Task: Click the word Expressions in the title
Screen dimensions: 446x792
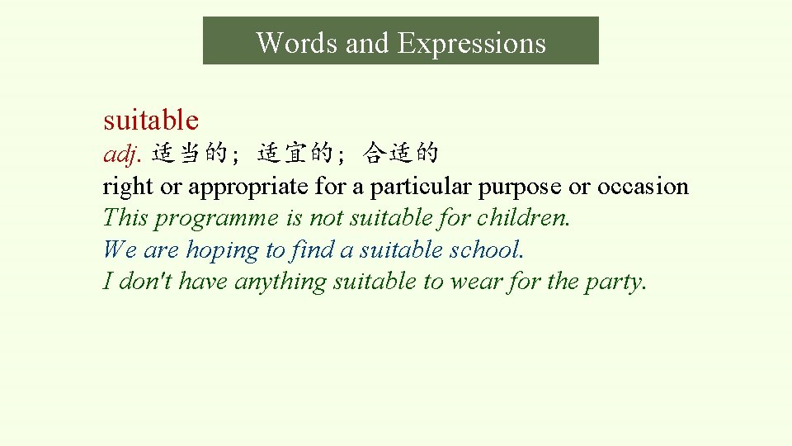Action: pyautogui.click(x=472, y=42)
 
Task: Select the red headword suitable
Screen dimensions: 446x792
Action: pyautogui.click(x=151, y=121)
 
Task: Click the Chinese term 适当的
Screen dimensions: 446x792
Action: pyautogui.click(x=189, y=153)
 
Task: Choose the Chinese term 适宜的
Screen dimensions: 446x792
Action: pyautogui.click(x=295, y=153)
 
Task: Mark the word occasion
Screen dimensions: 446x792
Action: pyautogui.click(x=643, y=187)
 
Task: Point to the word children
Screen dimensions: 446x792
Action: pyautogui.click(x=529, y=218)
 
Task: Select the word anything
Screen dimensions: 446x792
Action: pyautogui.click(x=280, y=282)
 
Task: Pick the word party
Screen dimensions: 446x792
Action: pyautogui.click(x=615, y=282)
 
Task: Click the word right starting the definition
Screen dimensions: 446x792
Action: pyautogui.click(x=128, y=187)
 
